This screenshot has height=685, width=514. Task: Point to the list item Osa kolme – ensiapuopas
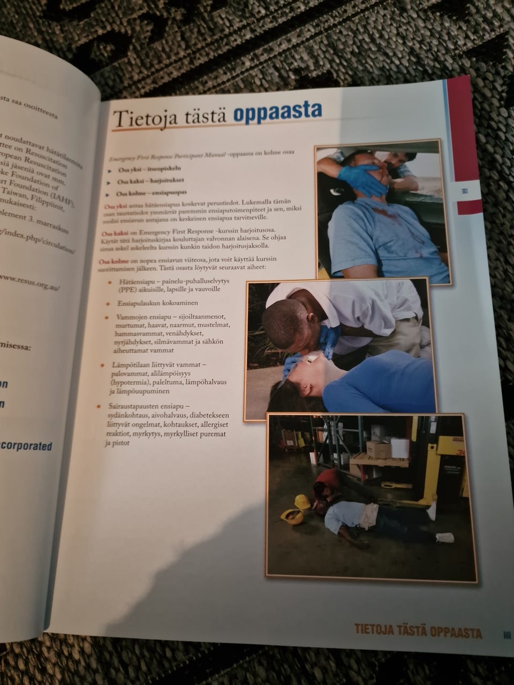point(146,193)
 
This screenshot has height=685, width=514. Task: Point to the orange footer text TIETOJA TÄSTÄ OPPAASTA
point(418,631)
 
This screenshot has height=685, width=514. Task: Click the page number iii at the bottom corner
point(507,635)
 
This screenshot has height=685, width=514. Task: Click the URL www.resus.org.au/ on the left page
point(29,280)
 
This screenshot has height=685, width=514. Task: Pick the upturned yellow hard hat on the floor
point(293,516)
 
